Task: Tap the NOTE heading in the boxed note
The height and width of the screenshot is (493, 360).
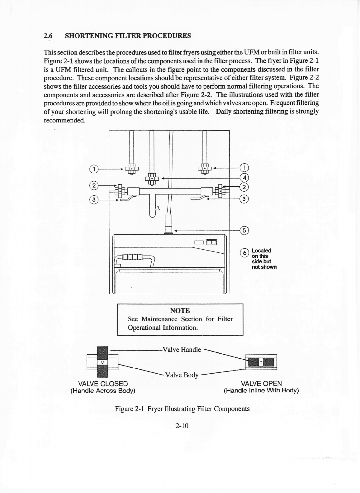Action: pos(180,311)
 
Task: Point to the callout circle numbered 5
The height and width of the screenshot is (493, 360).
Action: pos(245,231)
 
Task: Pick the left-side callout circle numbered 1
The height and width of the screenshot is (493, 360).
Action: pos(93,169)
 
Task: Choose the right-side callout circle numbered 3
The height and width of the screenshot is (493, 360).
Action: pos(245,199)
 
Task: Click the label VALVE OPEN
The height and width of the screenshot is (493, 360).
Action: pos(262,383)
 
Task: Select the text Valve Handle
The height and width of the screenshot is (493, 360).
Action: pos(182,350)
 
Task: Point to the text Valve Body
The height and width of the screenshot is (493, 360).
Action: pos(182,375)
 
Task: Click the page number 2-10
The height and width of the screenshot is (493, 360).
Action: pos(182,426)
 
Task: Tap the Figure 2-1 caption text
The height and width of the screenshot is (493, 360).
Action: pos(182,409)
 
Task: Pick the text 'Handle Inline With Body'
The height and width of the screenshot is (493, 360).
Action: pos(261,390)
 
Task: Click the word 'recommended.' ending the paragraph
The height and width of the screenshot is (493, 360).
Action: pos(64,120)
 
